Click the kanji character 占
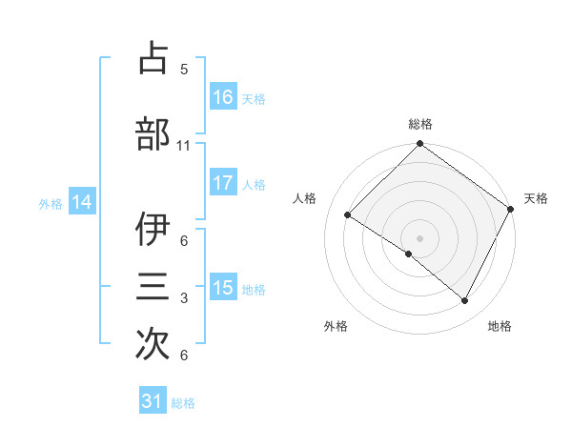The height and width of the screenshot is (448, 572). [153, 58]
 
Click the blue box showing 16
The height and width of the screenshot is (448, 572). [223, 96]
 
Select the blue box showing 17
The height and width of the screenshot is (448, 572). [223, 183]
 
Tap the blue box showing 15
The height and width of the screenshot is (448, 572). [223, 288]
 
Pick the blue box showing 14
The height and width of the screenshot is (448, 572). [82, 202]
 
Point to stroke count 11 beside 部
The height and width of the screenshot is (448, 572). [183, 146]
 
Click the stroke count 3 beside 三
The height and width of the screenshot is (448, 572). [183, 298]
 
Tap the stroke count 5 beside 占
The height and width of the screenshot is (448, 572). [183, 70]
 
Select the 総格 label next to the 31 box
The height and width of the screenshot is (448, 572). [183, 403]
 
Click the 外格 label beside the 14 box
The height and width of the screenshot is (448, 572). [51, 203]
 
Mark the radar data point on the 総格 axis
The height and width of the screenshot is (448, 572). [419, 145]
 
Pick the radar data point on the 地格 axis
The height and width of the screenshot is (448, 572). [465, 301]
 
